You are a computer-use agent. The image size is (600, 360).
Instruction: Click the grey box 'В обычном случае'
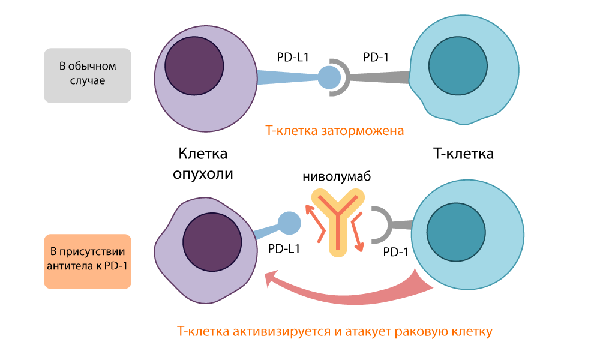[88, 74]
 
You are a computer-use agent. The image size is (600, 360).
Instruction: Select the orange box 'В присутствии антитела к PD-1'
[88, 261]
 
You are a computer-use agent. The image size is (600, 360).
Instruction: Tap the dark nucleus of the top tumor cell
[194, 63]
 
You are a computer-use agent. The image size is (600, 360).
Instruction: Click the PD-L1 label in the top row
[292, 58]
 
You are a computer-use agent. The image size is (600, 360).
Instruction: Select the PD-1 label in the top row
[376, 58]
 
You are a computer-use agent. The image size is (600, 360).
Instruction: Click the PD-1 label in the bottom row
[395, 253]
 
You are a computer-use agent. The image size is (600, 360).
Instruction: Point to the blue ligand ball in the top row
[328, 77]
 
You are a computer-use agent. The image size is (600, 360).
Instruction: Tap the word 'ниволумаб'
[337, 177]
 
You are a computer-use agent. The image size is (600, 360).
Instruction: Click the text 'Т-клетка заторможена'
[334, 130]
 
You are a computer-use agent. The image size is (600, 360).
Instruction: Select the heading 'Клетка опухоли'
[203, 163]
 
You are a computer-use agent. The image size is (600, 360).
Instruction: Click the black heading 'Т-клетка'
[463, 154]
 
